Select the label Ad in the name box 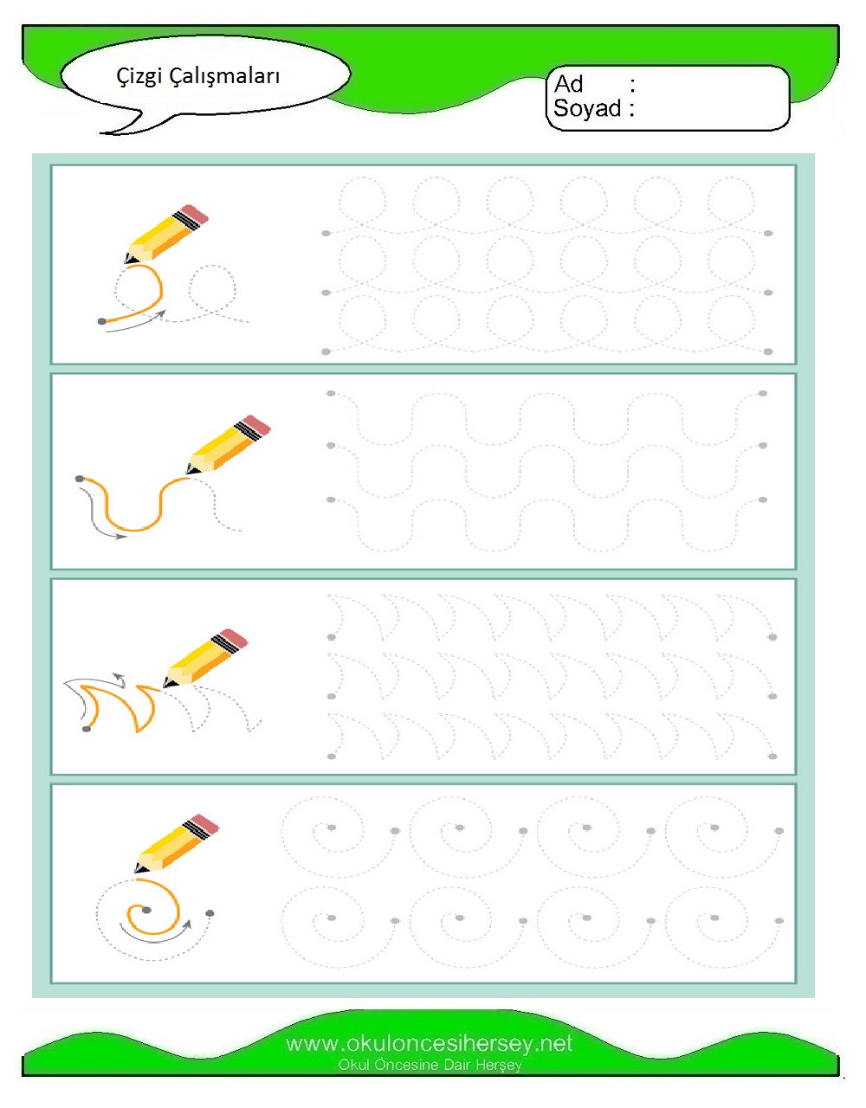568,84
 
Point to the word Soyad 587,108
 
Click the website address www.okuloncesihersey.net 430,1043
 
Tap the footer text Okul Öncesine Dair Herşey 430,1065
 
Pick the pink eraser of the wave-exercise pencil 257,425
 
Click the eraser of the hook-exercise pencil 234,639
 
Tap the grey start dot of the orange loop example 102,321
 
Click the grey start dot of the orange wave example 80,479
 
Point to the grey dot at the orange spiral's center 146,910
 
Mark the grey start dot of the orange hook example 87,729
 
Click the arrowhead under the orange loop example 161,313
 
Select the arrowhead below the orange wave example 121,536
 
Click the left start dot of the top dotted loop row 326,234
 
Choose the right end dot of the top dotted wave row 763,393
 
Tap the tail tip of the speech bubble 100,133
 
